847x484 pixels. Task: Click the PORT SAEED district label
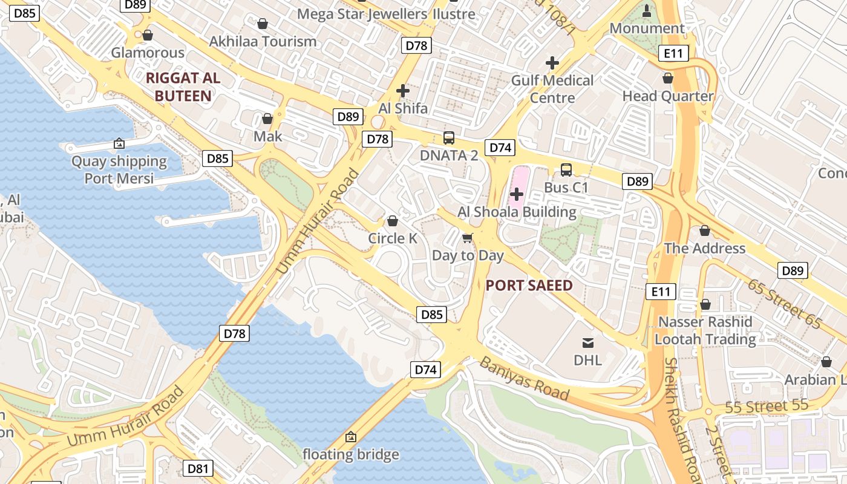coord(529,286)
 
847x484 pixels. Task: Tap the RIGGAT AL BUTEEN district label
coord(183,87)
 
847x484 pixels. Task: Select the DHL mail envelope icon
coord(587,343)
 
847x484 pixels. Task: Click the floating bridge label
coord(351,454)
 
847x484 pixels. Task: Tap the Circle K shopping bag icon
coord(393,221)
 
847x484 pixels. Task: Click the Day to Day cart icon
coord(467,238)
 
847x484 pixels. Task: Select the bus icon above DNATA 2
coord(448,138)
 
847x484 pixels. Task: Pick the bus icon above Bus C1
coord(566,170)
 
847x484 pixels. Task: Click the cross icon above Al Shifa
coord(403,91)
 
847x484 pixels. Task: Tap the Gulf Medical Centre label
coord(552,89)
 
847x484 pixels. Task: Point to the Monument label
coord(647,28)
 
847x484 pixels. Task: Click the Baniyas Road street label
coord(525,379)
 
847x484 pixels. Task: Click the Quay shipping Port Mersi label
coord(119,170)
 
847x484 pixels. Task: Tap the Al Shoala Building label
coord(517,212)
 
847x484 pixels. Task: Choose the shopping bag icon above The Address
coord(704,231)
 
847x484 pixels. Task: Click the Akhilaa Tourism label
coord(263,41)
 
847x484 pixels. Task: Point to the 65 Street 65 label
coord(784,304)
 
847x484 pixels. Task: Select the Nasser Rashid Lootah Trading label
coord(705,330)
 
